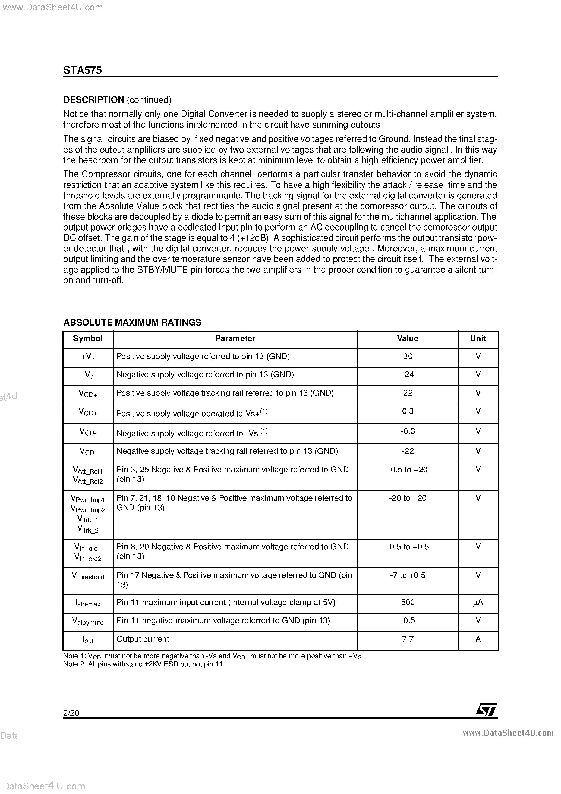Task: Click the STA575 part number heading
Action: coord(82,70)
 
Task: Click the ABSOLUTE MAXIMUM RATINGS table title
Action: coord(132,322)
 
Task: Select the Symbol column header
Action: coord(88,339)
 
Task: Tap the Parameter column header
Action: coord(235,339)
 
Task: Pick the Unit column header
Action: coord(478,339)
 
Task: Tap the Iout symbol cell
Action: coord(88,640)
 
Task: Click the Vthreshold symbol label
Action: coord(88,576)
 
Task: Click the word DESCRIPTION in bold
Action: coord(94,100)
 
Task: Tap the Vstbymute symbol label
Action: coord(88,622)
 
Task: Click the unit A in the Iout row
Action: coord(478,639)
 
